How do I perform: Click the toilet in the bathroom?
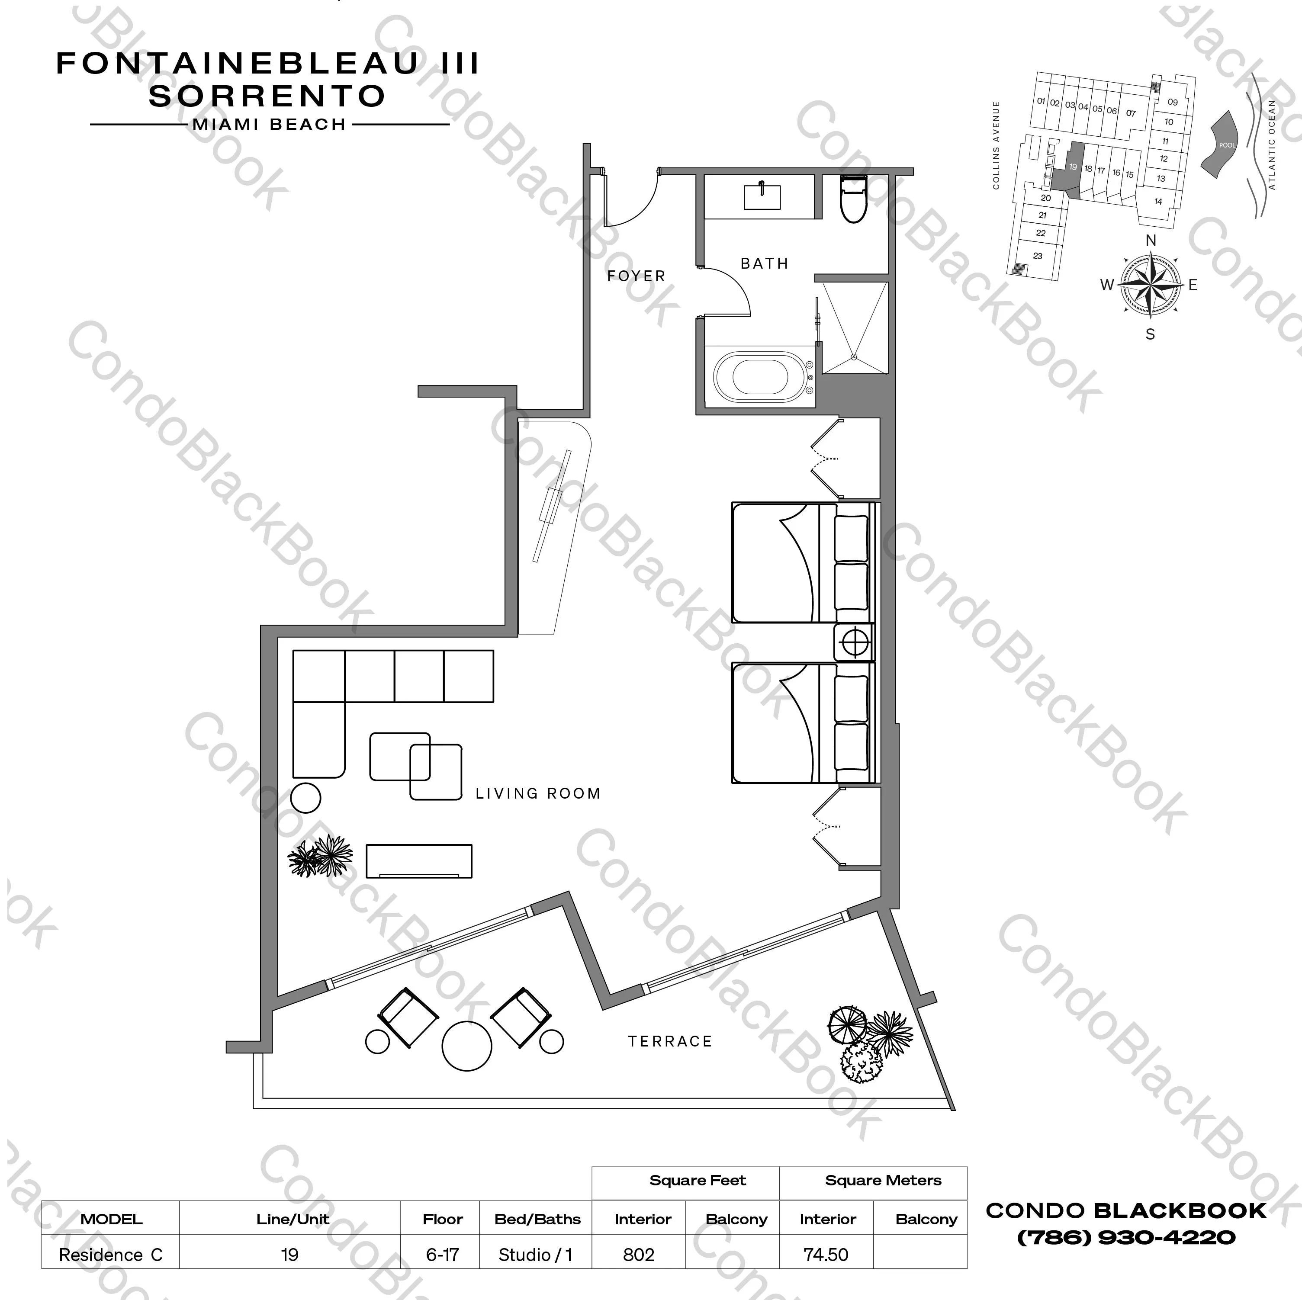(853, 199)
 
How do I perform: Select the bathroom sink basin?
(762, 197)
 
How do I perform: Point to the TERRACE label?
(670, 1041)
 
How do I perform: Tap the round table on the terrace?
(466, 1046)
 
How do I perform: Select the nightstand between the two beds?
(853, 642)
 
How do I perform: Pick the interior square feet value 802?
(638, 1255)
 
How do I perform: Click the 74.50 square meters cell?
(826, 1255)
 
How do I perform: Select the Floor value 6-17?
(442, 1255)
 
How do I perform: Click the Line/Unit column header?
(293, 1219)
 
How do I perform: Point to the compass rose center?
(1151, 285)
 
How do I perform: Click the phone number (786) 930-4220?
(1125, 1237)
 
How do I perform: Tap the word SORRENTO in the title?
(267, 96)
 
